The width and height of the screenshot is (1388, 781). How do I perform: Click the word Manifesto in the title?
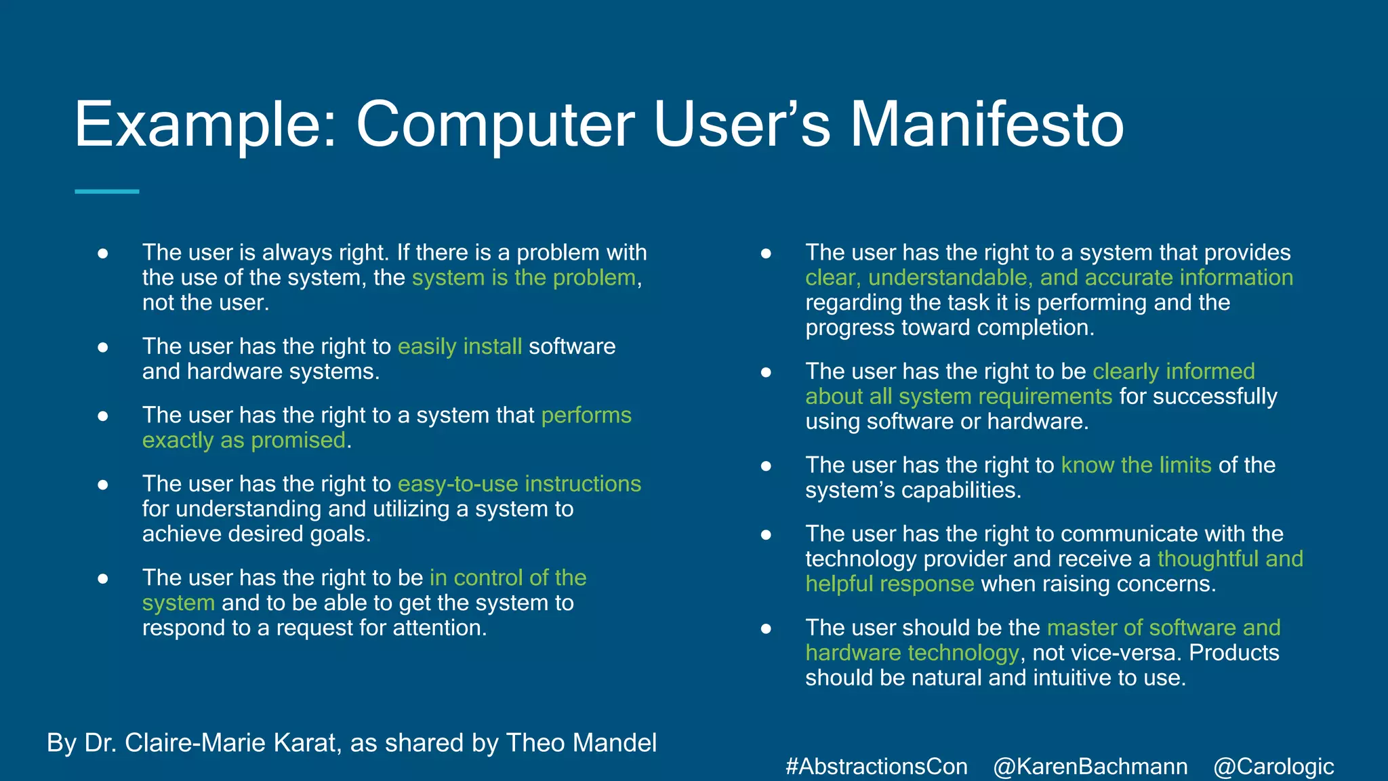pos(986,125)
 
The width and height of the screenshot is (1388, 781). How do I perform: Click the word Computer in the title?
pos(495,125)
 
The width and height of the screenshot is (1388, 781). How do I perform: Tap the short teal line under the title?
pos(106,192)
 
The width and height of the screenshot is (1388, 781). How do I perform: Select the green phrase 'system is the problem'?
pos(524,278)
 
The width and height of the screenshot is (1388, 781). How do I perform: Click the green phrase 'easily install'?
pos(460,346)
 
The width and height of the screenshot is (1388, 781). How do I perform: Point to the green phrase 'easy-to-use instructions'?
pos(519,484)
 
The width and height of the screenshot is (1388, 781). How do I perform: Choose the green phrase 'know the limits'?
pos(1136,465)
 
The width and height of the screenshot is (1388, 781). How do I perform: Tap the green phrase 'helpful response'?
pos(889,584)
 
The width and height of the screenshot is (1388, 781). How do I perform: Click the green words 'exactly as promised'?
pos(244,441)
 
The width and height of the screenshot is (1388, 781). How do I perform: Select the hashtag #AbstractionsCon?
pos(876,767)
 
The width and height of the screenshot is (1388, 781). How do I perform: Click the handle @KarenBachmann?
pos(1090,767)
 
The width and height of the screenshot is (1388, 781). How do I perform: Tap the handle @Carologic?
pos(1273,767)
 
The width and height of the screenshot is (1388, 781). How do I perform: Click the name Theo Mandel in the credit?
pos(581,743)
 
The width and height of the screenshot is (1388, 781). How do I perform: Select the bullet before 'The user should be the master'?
pos(766,628)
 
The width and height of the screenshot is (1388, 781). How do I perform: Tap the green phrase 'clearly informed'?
pos(1173,372)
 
